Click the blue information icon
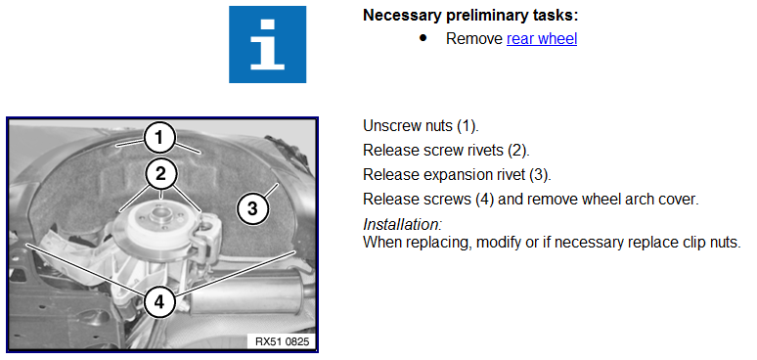267,44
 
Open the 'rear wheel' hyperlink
542,38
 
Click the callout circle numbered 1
159,139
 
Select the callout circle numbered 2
160,174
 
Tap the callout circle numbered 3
252,208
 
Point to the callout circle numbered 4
159,301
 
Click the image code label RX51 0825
283,341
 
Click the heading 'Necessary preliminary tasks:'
470,16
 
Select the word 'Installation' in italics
401,224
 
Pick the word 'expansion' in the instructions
455,175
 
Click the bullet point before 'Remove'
423,38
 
